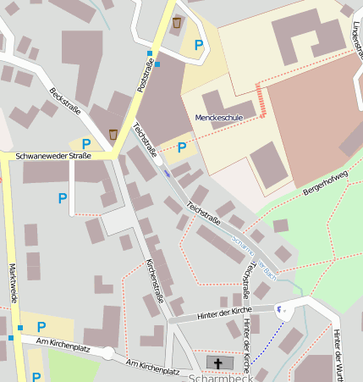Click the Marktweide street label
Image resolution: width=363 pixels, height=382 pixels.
click(x=13, y=285)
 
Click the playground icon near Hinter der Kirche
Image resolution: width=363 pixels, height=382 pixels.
click(x=282, y=310)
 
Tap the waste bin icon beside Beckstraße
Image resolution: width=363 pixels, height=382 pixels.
click(x=113, y=134)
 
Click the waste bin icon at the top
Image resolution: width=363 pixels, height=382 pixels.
click(x=176, y=23)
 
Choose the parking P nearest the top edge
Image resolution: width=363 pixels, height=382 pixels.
click(x=199, y=45)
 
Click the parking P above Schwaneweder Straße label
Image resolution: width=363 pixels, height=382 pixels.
click(x=85, y=143)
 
